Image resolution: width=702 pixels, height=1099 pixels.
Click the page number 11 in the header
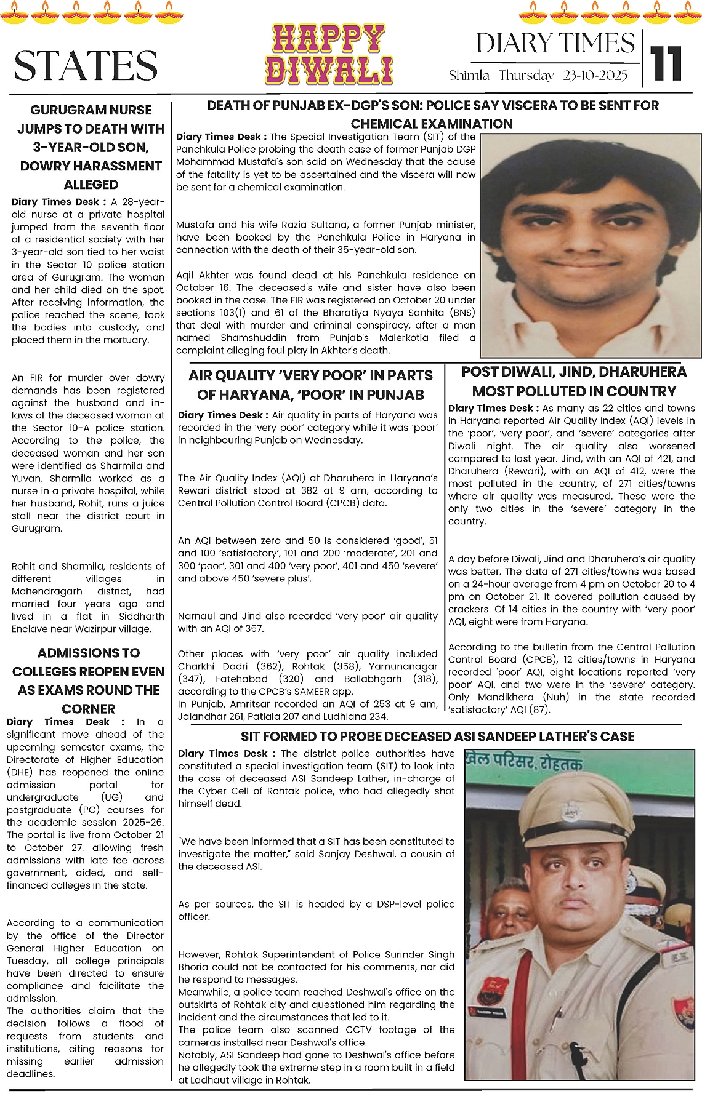click(x=666, y=63)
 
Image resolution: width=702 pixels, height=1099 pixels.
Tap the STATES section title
click(x=86, y=66)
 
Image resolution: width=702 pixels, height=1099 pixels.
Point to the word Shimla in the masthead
click(x=469, y=76)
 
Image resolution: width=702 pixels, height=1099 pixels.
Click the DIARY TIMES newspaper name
click(x=555, y=44)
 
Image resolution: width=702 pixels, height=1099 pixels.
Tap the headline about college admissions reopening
click(x=89, y=680)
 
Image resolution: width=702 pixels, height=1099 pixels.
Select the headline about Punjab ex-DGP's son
click(x=432, y=114)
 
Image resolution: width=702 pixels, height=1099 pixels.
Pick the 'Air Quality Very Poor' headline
click(x=310, y=385)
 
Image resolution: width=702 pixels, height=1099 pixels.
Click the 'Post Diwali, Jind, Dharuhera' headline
click(x=574, y=382)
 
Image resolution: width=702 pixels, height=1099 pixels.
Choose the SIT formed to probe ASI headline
click(x=437, y=737)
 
